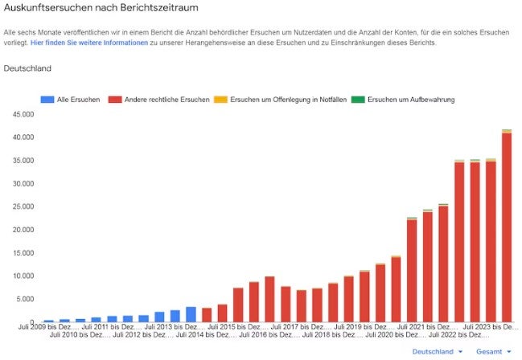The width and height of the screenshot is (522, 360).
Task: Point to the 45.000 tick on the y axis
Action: point(18,114)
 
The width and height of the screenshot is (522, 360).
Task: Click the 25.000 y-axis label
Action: point(18,207)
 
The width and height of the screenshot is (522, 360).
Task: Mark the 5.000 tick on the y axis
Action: point(19,299)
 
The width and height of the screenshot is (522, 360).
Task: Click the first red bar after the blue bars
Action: point(207,315)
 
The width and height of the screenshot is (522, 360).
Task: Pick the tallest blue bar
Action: point(191,314)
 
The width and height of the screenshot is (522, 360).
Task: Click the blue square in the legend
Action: point(46,100)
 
